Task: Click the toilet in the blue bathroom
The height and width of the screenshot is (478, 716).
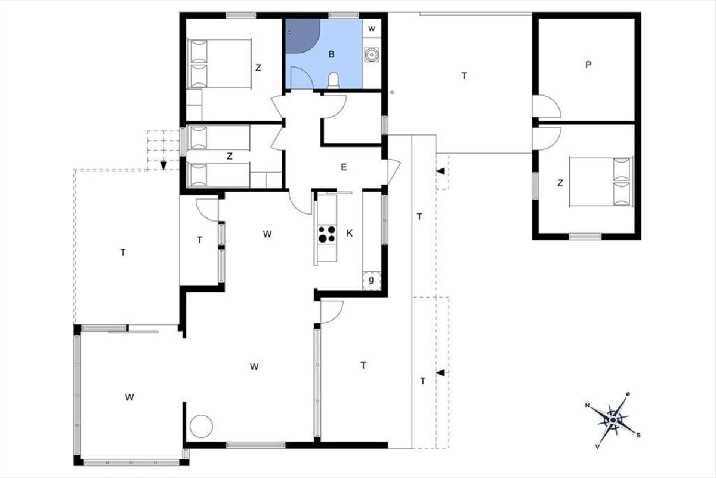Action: point(334,79)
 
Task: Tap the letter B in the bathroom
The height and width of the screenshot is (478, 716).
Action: point(332,54)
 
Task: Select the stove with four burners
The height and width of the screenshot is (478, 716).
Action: point(327,234)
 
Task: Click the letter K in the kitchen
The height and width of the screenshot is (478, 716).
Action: point(350,234)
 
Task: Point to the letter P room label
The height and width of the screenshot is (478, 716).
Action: point(588,65)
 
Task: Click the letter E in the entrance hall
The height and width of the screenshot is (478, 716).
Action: point(344,167)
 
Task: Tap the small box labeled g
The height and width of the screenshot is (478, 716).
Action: point(371,281)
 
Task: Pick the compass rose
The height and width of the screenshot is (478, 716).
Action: point(613,420)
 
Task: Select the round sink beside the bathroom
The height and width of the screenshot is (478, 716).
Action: point(371,55)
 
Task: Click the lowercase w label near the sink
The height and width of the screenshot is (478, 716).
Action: point(371,29)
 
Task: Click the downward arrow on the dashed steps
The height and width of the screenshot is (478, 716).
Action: point(163,166)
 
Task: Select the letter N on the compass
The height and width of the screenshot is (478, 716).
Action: point(587,405)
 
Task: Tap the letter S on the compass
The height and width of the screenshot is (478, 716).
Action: point(638,435)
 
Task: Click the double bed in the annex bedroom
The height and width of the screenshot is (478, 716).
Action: point(601,182)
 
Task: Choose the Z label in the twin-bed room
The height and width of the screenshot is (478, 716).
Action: point(230,156)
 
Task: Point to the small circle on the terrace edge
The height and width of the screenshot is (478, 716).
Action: point(392,93)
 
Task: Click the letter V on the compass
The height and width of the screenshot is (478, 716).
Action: point(597,446)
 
